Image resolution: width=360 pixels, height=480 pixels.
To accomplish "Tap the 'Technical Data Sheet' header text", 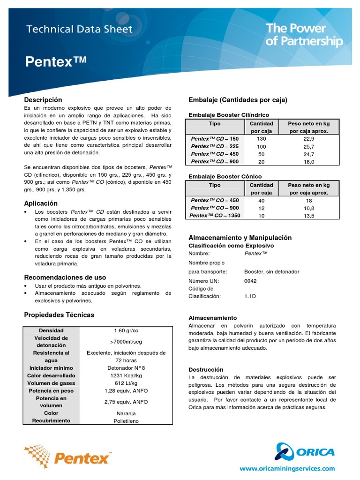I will tap(79, 29).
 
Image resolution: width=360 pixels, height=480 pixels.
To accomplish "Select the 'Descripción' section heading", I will tap(43, 100).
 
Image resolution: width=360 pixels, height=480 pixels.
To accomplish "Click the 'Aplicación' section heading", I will tap(41, 203).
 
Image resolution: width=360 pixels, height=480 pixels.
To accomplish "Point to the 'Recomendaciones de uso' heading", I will tap(65, 277).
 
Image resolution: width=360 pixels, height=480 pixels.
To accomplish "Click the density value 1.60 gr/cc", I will tap(126, 330).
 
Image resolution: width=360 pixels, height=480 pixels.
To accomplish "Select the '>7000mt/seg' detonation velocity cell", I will tap(126, 342).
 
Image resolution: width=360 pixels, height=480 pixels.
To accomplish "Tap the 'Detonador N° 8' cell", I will tap(126, 368).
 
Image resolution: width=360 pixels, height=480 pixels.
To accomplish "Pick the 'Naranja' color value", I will tap(126, 413).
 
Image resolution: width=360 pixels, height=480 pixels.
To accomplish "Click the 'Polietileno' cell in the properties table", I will tap(126, 421).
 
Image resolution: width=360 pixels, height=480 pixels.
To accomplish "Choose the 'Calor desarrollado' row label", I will tap(51, 375).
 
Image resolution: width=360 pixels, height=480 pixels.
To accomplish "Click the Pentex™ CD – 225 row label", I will tap(215, 147).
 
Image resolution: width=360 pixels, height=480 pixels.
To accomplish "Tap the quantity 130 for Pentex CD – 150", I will tap(261, 139).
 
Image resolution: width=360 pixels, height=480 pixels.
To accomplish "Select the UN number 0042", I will tap(251, 281).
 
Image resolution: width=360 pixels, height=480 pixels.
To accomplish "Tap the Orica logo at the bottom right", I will tap(305, 452).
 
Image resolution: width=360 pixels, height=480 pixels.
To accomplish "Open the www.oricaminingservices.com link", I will tap(287, 468).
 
